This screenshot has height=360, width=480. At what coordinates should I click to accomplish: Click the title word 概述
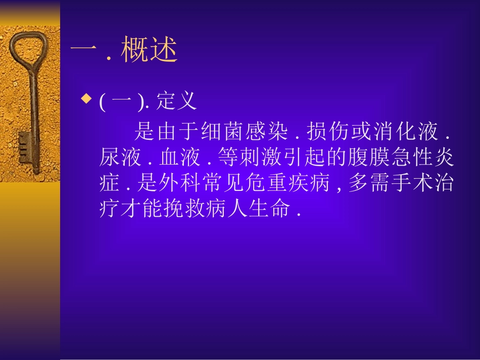[x=150, y=52]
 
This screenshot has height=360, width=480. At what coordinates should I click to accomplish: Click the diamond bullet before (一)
[x=86, y=97]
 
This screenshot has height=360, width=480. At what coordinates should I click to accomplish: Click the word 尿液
[x=121, y=158]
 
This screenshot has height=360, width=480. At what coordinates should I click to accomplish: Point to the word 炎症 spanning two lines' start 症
[x=110, y=184]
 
